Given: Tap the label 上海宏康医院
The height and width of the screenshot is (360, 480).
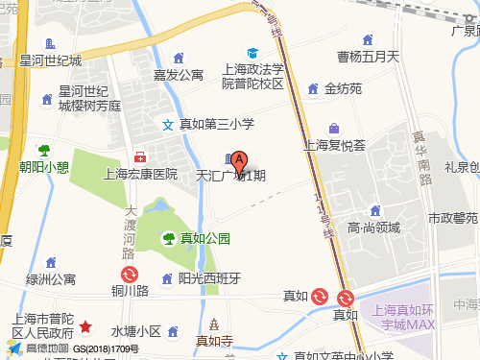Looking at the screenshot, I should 140,174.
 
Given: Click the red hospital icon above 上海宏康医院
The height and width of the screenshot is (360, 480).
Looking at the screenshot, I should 140,156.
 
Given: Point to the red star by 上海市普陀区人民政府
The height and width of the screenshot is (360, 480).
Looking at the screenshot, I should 85,327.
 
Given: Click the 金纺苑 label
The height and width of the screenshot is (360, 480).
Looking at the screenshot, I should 343,89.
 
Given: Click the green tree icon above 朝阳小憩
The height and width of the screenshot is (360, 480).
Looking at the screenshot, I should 44,150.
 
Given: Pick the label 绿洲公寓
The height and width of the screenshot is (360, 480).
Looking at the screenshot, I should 51,279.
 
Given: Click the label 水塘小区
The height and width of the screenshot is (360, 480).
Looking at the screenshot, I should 134,331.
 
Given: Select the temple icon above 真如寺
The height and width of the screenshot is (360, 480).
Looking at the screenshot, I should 215,324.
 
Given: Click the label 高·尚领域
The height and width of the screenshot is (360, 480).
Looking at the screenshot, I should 373,228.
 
